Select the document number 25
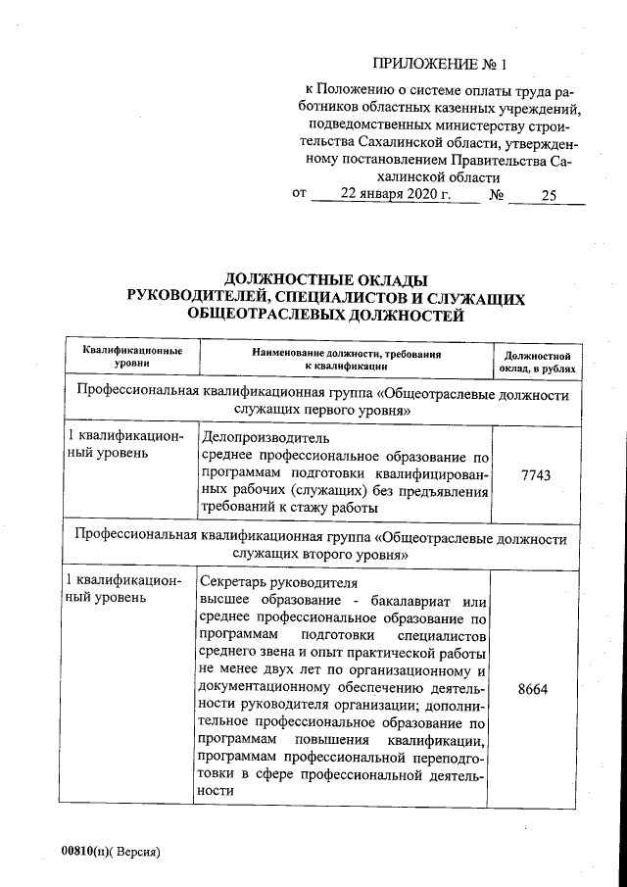548,195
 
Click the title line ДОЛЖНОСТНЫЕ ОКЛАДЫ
327,279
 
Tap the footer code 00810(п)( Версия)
109,849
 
